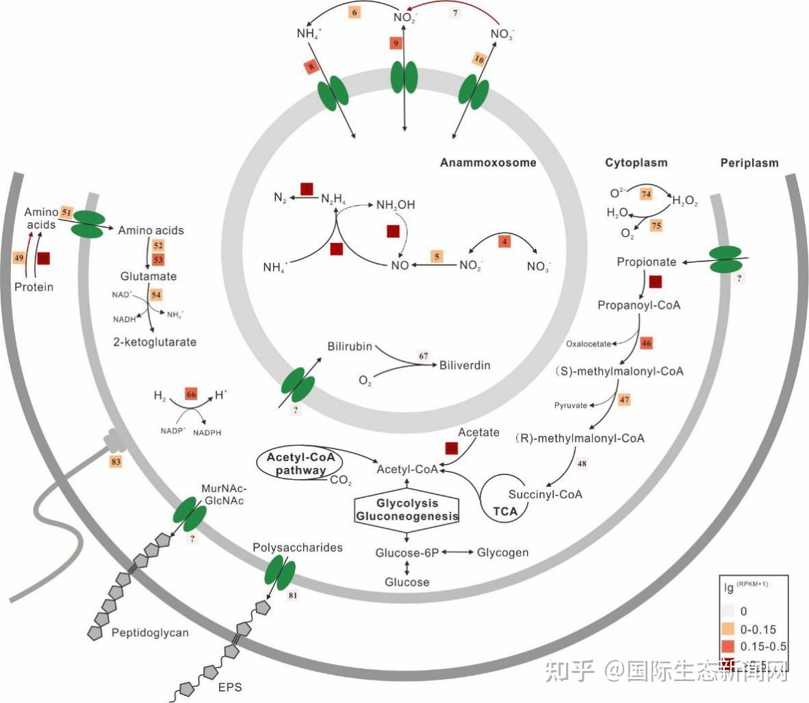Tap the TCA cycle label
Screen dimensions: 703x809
pyautogui.click(x=505, y=511)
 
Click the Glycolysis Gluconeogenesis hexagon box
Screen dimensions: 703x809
pyautogui.click(x=407, y=510)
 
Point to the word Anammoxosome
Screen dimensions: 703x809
pyautogui.click(x=487, y=163)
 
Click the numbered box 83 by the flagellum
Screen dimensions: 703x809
pyautogui.click(x=116, y=462)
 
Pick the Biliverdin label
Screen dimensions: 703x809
pyautogui.click(x=465, y=366)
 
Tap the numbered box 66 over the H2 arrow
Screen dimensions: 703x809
pyautogui.click(x=191, y=395)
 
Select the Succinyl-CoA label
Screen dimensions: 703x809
pyautogui.click(x=545, y=494)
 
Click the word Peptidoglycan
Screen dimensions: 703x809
pyautogui.click(x=150, y=632)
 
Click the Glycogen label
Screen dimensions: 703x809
pyautogui.click(x=502, y=552)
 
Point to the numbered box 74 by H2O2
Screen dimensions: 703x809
pyautogui.click(x=645, y=194)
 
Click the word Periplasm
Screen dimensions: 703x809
pyautogui.click(x=749, y=163)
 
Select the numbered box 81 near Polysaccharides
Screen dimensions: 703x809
pyautogui.click(x=293, y=596)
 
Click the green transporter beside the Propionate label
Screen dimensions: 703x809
pyautogui.click(x=725, y=259)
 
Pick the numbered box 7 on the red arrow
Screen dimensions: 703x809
pyautogui.click(x=457, y=14)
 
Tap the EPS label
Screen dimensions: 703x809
pyautogui.click(x=229, y=686)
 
